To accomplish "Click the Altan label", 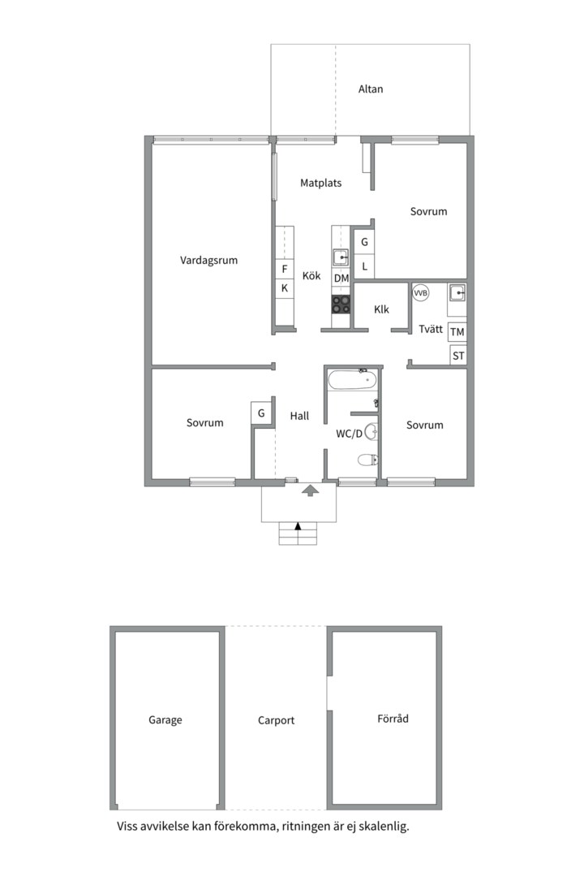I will coord(371,89).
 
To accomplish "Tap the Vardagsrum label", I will coord(208,261).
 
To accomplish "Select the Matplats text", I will coord(321,184).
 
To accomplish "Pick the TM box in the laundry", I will coord(457,332).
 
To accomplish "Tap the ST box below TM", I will coord(458,356).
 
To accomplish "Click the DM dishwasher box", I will coord(341,279).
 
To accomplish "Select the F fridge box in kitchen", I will coord(285,270).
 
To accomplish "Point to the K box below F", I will coord(285,288).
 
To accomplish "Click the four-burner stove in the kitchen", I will coord(341,304).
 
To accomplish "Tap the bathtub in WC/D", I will coord(353,380).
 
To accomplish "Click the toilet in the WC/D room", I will coord(367,460).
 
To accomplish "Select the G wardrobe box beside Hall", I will coord(261,413).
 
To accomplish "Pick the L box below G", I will coord(365,266).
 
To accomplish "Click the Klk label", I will coord(382,309).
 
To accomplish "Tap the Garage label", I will coord(165,720).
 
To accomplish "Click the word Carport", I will coord(276,720).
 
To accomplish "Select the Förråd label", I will coord(393,719).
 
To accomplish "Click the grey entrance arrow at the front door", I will coord(309,490).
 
